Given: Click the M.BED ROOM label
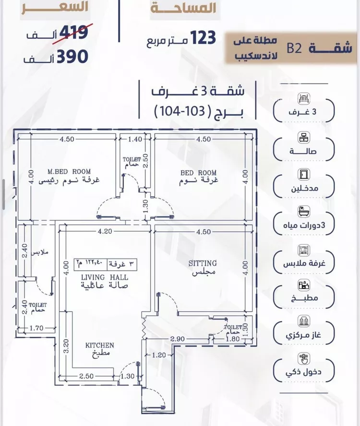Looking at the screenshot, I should (x=69, y=171).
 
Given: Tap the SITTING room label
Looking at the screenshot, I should (x=202, y=263).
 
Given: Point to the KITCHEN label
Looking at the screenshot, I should (x=100, y=345).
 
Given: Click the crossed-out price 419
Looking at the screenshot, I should (x=72, y=33).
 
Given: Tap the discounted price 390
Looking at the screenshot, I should (x=72, y=56).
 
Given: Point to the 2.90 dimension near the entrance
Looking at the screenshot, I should (x=178, y=340).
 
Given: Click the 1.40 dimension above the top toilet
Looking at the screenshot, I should (x=135, y=140).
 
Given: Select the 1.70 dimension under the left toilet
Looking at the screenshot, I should (x=36, y=328).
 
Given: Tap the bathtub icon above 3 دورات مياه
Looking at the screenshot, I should (x=303, y=210).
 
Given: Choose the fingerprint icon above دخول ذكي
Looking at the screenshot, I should (x=303, y=358).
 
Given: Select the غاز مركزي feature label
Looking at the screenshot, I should (x=303, y=335).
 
